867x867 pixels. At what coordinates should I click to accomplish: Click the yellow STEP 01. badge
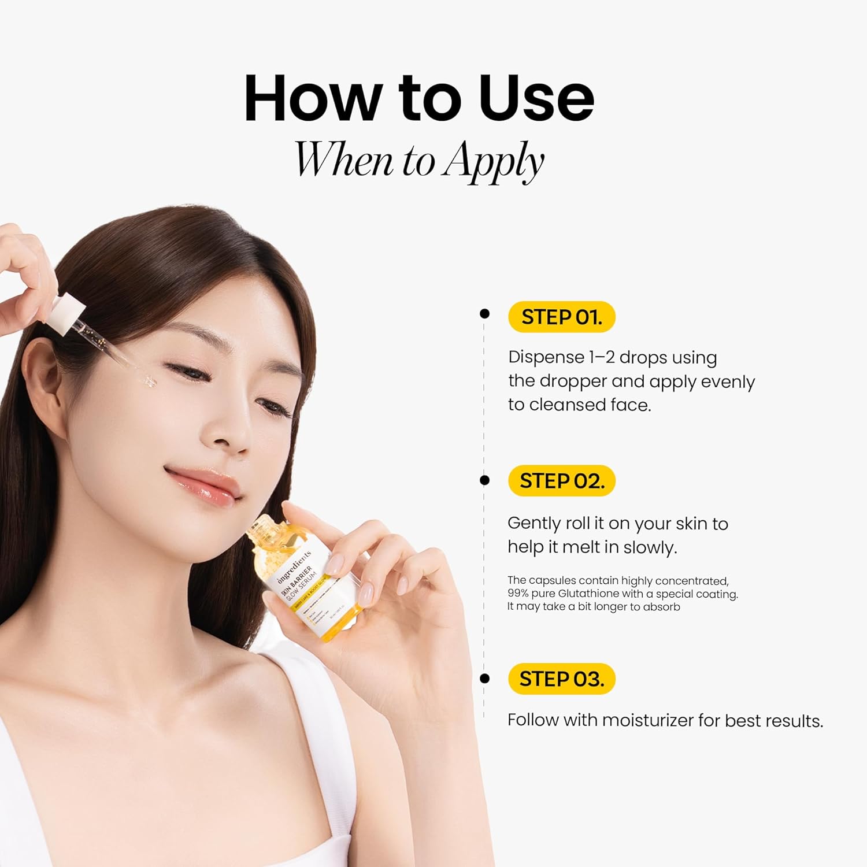tap(561, 317)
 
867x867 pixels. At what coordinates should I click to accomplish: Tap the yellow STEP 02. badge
tap(561, 481)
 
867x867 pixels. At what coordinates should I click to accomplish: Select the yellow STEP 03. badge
tap(561, 679)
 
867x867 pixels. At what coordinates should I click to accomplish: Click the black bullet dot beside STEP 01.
tap(484, 314)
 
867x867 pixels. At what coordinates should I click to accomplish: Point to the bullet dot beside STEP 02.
tap(484, 480)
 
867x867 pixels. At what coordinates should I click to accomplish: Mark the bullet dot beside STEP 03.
tap(484, 679)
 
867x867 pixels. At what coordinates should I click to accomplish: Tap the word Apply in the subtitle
tap(494, 161)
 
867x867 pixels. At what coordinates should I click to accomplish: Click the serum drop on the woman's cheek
tap(149, 381)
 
